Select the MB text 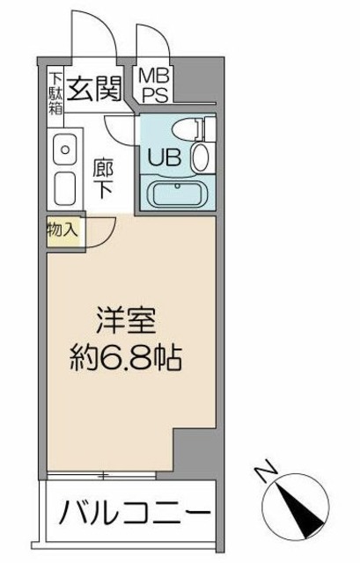[156, 77]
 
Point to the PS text [156, 93]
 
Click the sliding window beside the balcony [106, 476]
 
